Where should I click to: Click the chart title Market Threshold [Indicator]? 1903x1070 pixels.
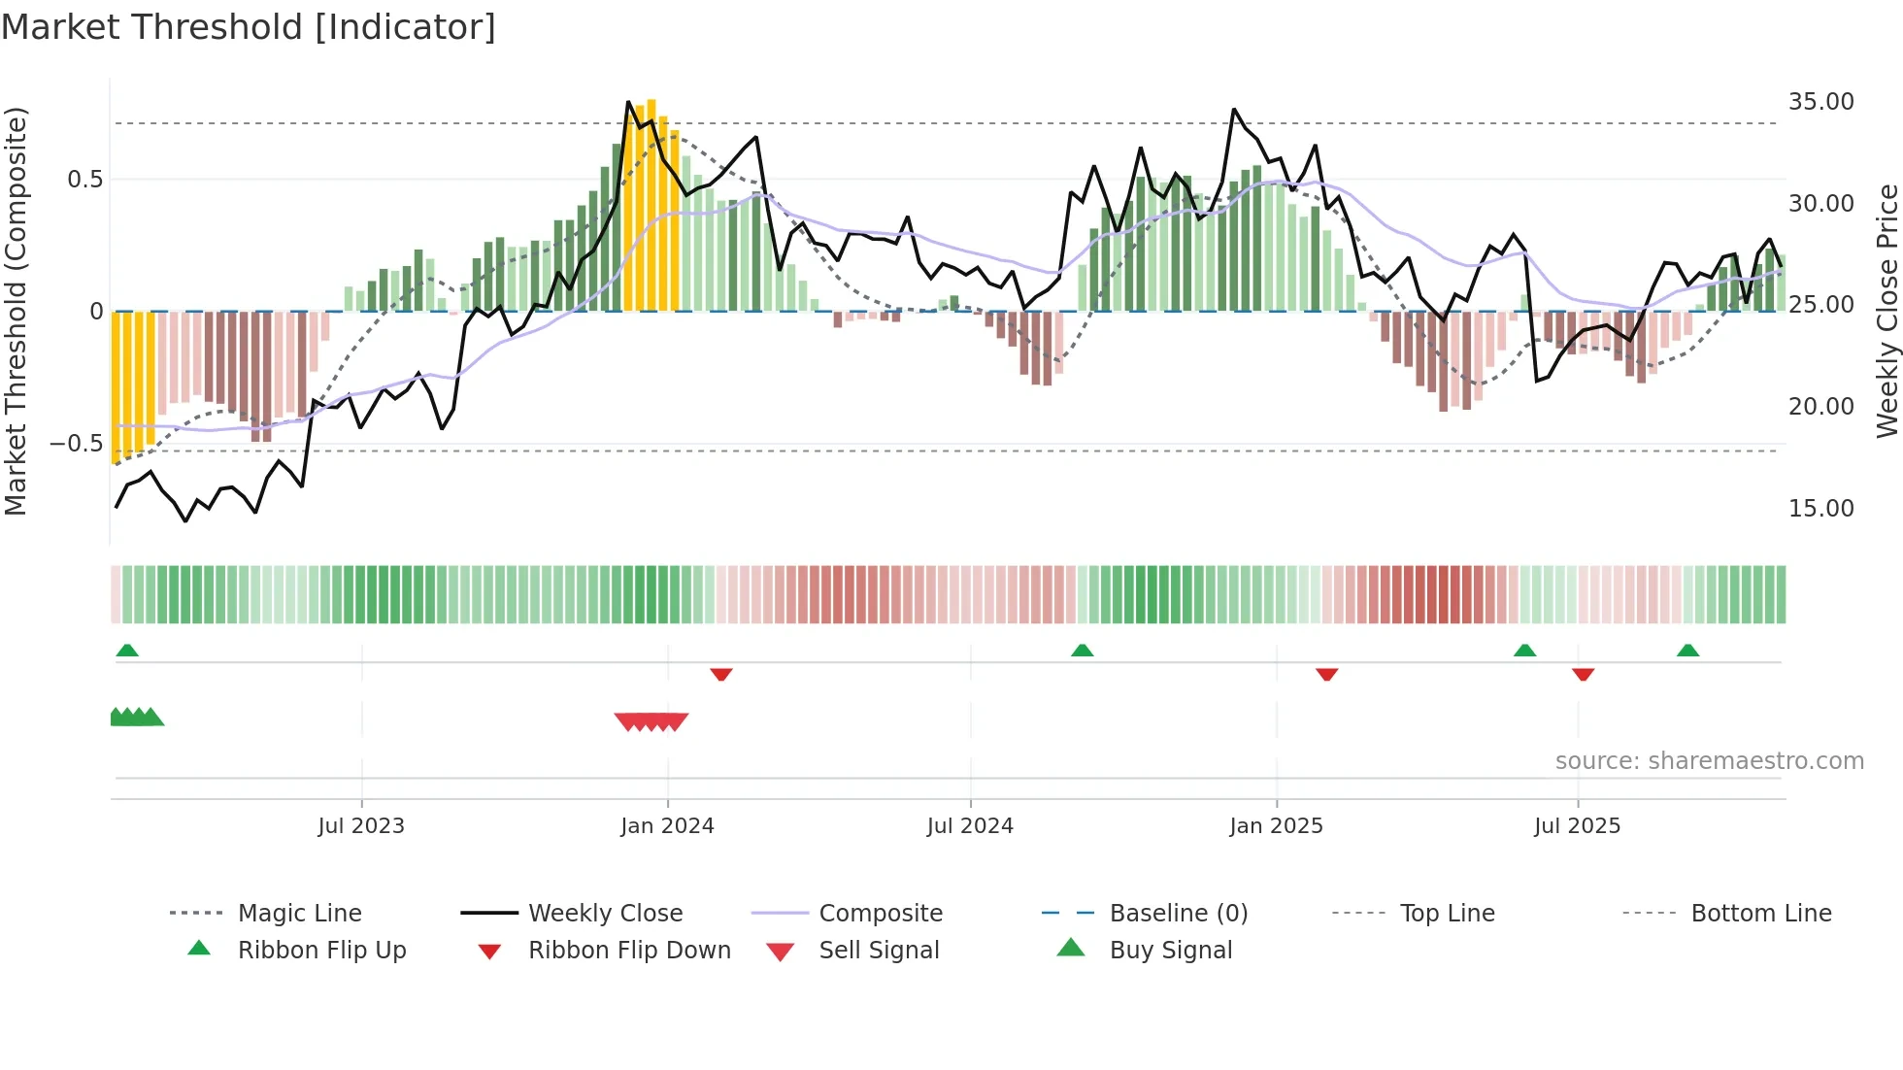[249, 27]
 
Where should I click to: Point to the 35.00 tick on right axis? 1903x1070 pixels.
[1820, 102]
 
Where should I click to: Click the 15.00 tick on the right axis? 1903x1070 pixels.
[1820, 509]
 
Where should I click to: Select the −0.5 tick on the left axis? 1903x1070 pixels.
[76, 444]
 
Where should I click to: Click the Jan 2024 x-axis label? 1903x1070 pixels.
[667, 826]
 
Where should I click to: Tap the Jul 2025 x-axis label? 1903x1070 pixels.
[1577, 826]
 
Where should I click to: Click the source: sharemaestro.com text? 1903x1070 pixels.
[1709, 761]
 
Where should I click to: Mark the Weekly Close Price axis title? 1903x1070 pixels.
[1886, 311]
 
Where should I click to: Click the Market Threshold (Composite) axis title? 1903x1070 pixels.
[16, 311]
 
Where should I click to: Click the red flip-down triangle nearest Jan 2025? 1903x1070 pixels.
[1326, 674]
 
